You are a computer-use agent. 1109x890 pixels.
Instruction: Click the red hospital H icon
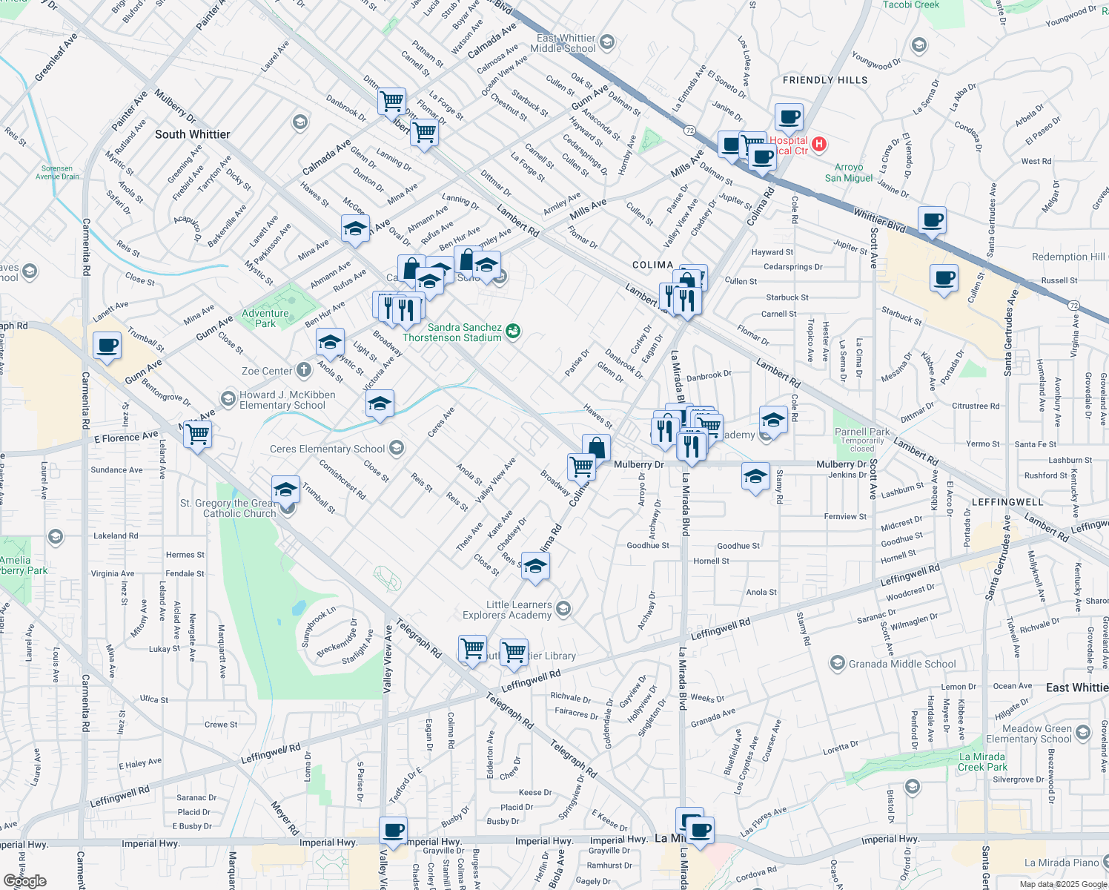819,144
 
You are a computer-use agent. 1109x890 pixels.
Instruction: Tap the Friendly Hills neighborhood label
824,80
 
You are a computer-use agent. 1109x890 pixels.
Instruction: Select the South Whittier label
192,134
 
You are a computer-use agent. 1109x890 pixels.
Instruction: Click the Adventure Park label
265,318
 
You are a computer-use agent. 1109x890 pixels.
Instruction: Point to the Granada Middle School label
901,664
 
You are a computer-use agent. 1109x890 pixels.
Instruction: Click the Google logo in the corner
24,880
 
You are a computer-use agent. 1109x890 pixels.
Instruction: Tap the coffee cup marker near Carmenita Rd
107,346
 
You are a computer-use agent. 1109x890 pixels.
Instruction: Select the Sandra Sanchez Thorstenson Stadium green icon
513,332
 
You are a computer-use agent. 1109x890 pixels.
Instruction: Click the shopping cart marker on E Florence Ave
197,435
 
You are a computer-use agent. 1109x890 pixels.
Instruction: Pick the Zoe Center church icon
304,370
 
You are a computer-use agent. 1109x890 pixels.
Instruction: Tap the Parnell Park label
862,432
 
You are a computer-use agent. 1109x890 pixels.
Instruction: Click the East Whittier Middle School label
563,43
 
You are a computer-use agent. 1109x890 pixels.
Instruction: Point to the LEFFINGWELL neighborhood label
1007,502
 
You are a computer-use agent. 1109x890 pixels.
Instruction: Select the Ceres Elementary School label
327,449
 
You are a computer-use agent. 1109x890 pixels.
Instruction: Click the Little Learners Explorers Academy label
508,610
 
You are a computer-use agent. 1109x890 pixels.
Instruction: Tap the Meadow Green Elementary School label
1028,734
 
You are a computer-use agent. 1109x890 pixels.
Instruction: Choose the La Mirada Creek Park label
982,762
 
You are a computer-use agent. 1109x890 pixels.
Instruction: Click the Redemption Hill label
1067,257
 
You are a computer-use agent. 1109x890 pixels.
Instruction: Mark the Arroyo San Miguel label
849,172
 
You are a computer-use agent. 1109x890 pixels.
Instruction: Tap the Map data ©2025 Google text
1062,884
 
